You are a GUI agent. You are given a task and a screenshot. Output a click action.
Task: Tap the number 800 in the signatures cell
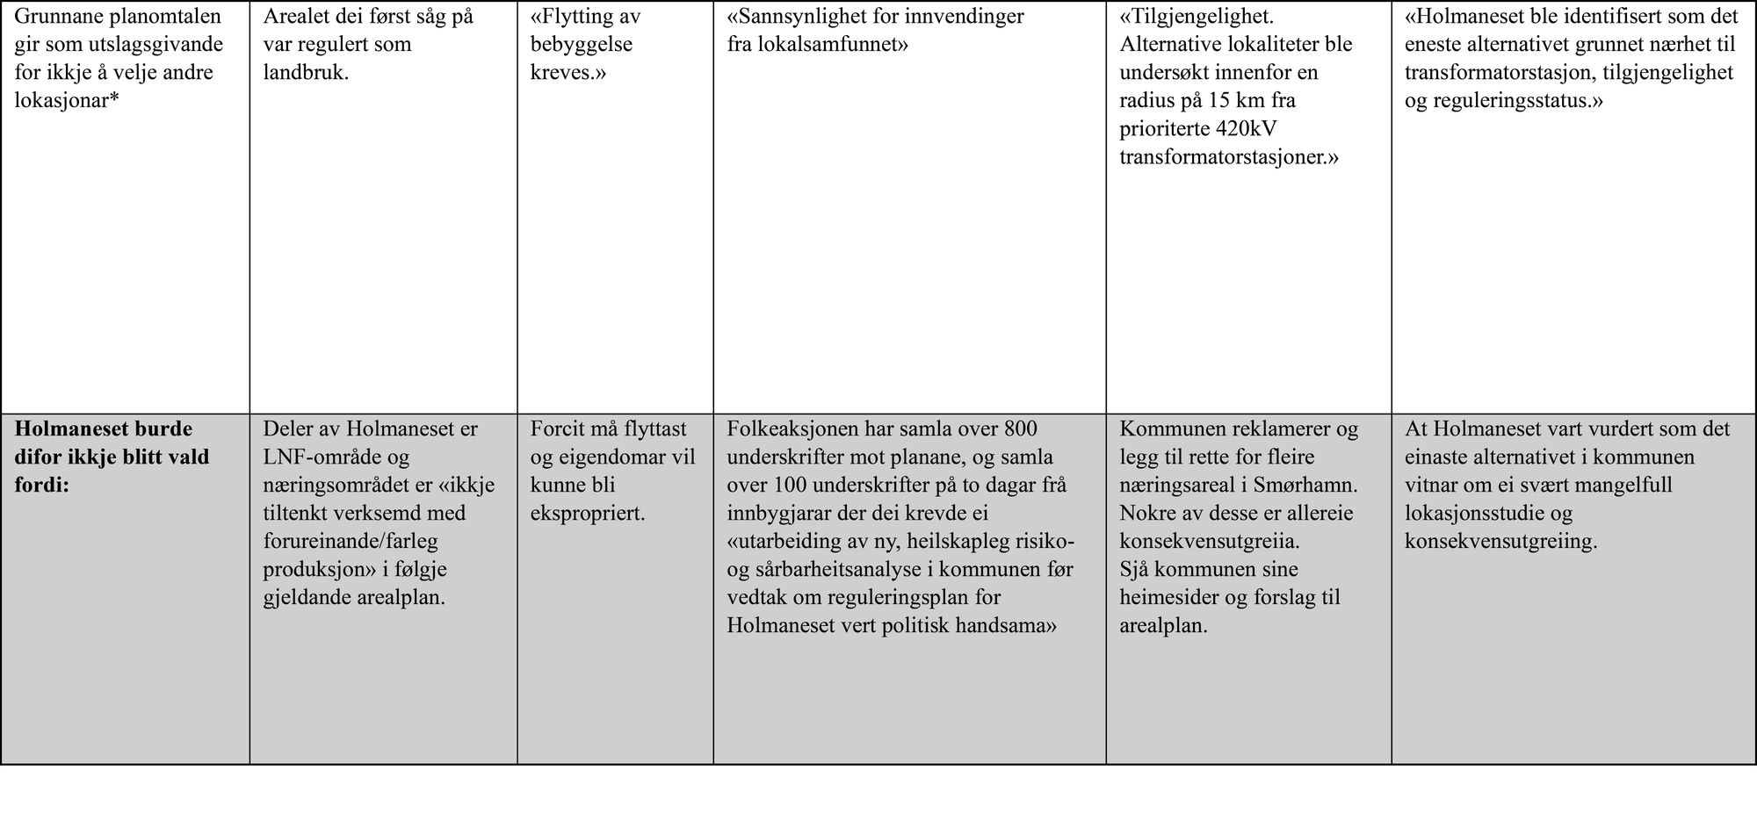(x=1019, y=429)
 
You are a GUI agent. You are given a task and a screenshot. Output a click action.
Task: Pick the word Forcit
(x=558, y=429)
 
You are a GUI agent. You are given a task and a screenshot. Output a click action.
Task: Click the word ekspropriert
(x=587, y=514)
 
